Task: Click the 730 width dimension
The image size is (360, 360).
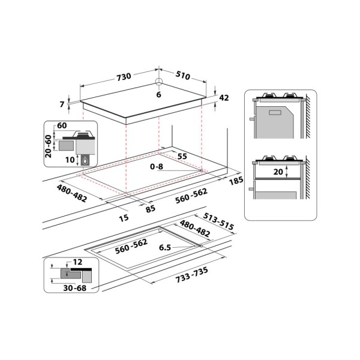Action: [x=123, y=77]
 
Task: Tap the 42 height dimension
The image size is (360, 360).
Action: [x=224, y=98]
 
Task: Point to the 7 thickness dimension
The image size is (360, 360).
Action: [x=62, y=105]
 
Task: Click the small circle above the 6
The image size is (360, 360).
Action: [x=159, y=83]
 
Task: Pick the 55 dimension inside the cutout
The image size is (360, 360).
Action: [x=182, y=156]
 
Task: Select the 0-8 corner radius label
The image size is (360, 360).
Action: [x=157, y=166]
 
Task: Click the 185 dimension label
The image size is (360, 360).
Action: [x=236, y=181]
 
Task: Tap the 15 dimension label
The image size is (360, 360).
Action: [x=124, y=218]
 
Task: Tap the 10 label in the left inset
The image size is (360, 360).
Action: [x=70, y=160]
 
